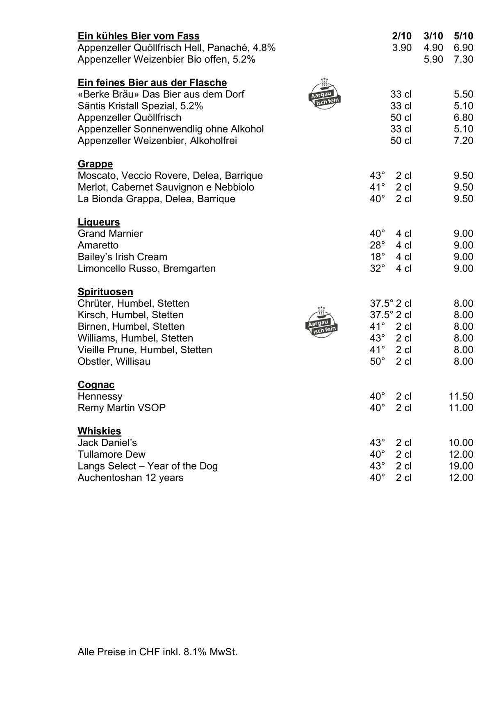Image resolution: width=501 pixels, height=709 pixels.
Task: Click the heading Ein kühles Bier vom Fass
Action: tap(139, 36)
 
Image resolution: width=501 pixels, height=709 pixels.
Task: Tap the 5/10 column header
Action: tap(463, 36)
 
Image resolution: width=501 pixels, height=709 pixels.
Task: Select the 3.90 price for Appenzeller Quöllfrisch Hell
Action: tap(402, 48)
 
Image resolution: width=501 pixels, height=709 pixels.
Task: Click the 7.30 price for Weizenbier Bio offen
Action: tap(463, 59)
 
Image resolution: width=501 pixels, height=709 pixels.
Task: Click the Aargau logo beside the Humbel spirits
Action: tap(321, 322)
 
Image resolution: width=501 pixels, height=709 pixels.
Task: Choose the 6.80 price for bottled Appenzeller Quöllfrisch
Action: tap(463, 118)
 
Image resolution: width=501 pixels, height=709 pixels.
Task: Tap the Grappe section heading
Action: tap(95, 164)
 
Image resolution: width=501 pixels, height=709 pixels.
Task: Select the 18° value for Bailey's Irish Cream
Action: tap(377, 257)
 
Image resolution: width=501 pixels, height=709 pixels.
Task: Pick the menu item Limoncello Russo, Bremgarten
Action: tap(146, 269)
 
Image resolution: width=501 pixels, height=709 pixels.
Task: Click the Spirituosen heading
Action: tap(105, 292)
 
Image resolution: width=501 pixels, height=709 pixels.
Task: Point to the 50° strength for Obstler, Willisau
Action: tap(377, 361)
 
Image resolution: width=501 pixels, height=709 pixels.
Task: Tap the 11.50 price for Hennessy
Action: tap(461, 397)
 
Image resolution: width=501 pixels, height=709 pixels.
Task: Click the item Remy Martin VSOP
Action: tap(122, 408)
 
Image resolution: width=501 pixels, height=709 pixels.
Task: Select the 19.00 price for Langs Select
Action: tap(461, 466)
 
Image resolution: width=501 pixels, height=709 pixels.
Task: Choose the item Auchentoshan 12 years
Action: tap(130, 478)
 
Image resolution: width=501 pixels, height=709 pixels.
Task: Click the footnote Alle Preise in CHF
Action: tap(157, 652)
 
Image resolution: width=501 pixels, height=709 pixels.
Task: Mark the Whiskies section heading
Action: tap(99, 431)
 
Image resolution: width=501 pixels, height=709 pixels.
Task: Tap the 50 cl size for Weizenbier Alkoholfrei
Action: tap(401, 141)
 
